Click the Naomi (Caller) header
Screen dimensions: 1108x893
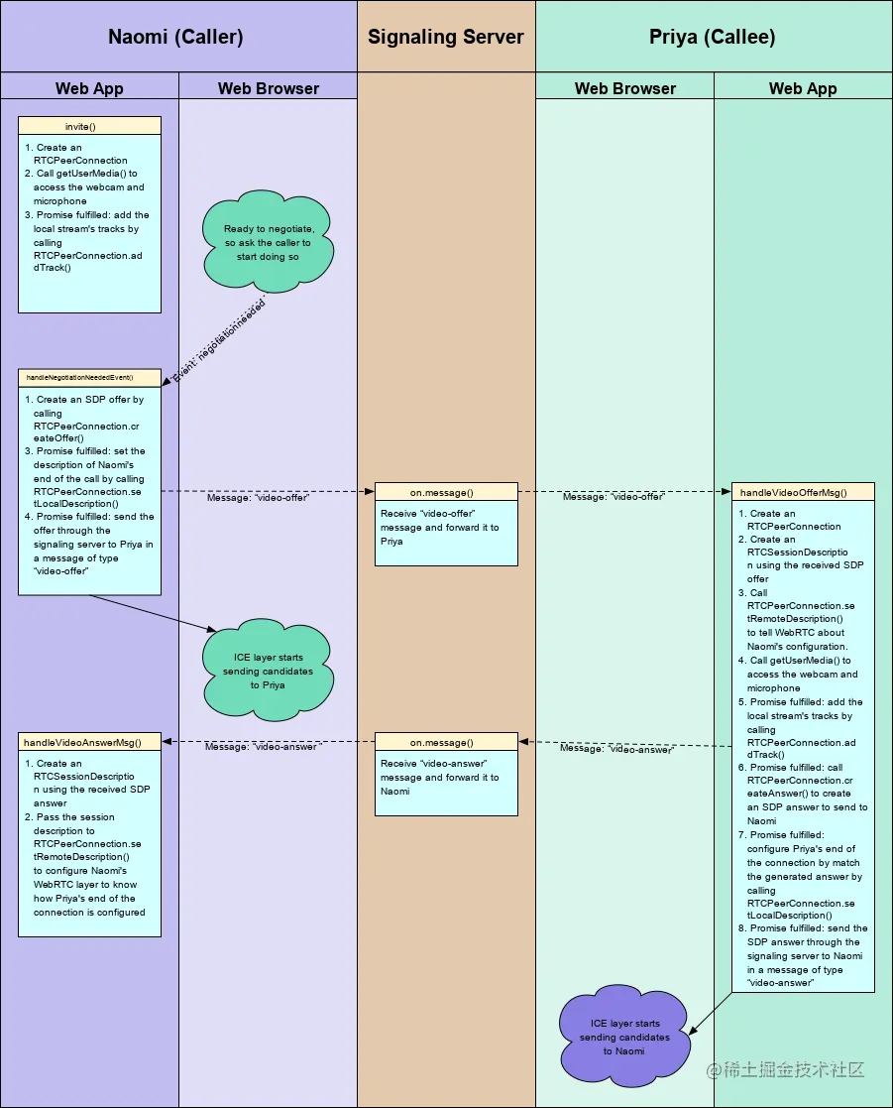(175, 38)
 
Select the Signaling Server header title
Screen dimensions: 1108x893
(445, 38)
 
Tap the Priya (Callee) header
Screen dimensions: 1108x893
(712, 38)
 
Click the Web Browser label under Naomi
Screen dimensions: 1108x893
(268, 88)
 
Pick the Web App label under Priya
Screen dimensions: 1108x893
(803, 88)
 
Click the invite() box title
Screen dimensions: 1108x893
(89, 126)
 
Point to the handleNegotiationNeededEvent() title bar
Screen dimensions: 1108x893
(89, 378)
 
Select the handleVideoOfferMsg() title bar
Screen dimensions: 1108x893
(803, 492)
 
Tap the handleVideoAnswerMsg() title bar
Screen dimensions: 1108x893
(89, 741)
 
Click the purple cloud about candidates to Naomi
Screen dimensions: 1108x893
(624, 1036)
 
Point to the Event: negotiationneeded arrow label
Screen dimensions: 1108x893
(220, 338)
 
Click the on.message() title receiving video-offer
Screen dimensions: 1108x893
(446, 492)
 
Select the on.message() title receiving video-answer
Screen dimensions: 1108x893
(446, 741)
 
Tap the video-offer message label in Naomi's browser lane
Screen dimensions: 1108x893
(257, 498)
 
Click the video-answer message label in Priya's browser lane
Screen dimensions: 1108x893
(616, 749)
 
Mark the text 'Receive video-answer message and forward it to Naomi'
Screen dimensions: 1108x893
(440, 778)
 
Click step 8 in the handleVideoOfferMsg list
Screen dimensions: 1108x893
(803, 955)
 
